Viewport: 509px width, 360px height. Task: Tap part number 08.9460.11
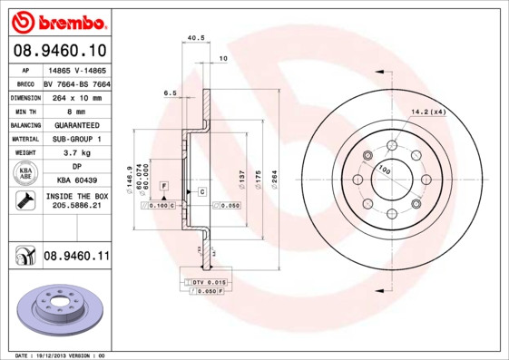[x=76, y=258]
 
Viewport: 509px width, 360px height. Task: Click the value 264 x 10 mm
[x=76, y=97]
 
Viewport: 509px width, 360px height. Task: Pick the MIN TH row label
[x=24, y=111]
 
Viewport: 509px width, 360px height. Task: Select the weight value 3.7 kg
[x=76, y=153]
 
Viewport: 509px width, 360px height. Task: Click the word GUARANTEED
[x=76, y=124]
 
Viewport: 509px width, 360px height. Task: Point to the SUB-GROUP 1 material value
[x=76, y=139]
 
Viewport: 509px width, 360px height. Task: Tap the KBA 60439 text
[x=76, y=180]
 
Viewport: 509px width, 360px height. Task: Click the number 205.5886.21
[x=76, y=207]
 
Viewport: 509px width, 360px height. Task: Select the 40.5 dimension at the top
[x=194, y=38]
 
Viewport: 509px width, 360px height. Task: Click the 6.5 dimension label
[x=170, y=92]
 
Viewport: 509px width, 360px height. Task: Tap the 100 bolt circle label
[x=385, y=170]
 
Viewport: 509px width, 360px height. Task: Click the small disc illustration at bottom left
[x=59, y=310]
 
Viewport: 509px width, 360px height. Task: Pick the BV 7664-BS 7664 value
[x=76, y=83]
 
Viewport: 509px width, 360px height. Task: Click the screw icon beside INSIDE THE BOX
[x=24, y=201]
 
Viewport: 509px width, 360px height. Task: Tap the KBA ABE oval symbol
[x=24, y=174]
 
